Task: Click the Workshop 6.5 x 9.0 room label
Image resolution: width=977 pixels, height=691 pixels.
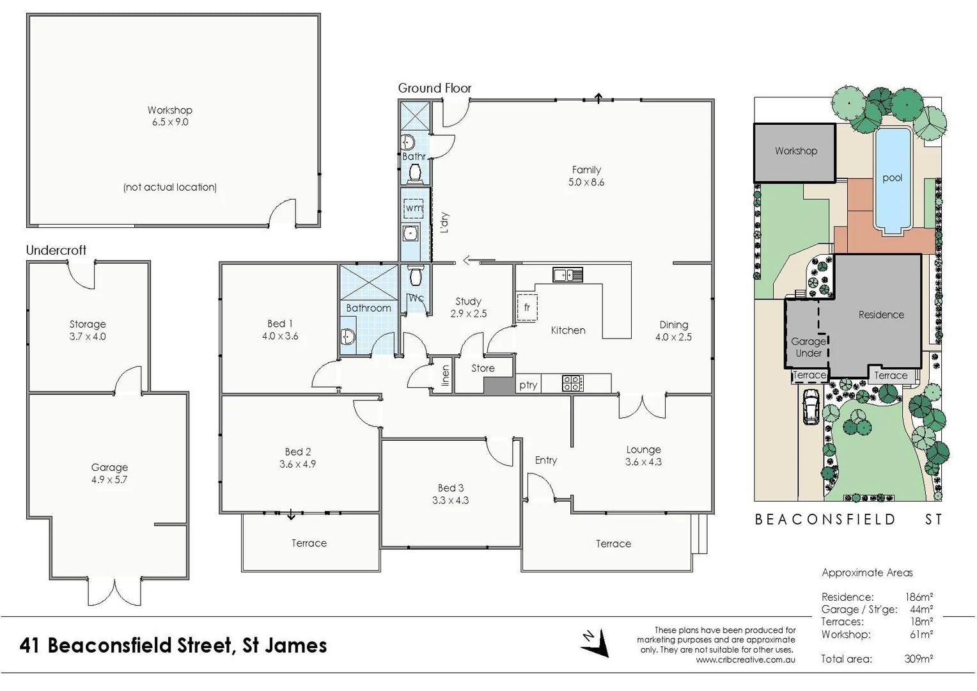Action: [x=169, y=116]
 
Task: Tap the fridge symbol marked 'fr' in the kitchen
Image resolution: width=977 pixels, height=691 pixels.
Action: [x=527, y=308]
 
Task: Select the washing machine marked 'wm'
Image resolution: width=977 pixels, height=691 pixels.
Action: [x=414, y=208]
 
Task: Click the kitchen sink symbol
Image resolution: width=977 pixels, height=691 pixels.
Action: [x=568, y=275]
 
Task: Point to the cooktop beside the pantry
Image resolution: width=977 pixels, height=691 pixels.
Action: [x=572, y=383]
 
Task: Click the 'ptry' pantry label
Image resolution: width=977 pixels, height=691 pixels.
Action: [x=528, y=385]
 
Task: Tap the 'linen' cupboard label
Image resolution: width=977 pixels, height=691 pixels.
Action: [x=446, y=375]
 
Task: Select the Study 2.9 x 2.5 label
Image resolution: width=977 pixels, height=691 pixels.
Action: [x=468, y=307]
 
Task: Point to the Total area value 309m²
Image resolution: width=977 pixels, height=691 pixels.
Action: [x=918, y=658]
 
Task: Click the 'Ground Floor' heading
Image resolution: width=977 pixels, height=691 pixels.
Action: [x=435, y=88]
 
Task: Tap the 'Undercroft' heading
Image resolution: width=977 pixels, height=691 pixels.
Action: [x=56, y=250]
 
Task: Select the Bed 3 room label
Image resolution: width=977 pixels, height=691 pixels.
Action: [x=450, y=494]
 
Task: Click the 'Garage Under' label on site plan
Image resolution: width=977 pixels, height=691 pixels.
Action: [x=808, y=347]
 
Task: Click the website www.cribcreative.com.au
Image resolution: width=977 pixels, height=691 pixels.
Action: [x=746, y=660]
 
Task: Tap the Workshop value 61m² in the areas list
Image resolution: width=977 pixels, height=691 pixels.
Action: [x=921, y=634]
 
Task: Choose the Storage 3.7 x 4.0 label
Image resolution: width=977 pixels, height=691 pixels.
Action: [x=88, y=330]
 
